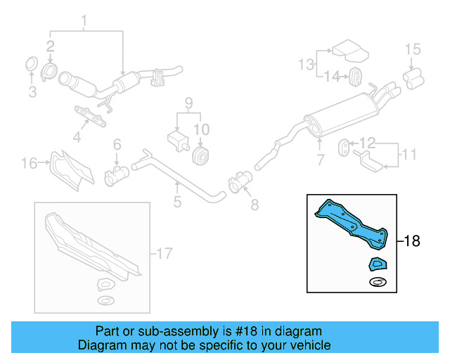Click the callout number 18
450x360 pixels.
(412, 241)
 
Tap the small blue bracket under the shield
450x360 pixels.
(378, 264)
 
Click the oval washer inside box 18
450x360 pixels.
(378, 283)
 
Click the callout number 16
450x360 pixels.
(28, 164)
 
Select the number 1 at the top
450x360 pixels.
(85, 20)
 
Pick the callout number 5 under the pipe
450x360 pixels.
(177, 202)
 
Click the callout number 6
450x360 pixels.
(117, 144)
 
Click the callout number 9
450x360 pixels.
(188, 103)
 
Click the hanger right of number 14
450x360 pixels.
(356, 75)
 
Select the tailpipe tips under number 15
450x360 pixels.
(412, 75)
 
